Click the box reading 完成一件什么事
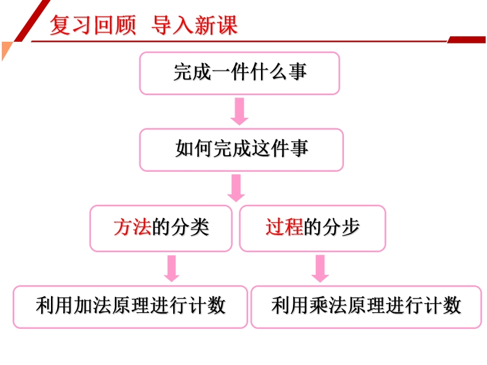click(x=240, y=73)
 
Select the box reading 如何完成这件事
click(x=241, y=150)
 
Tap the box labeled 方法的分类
click(x=161, y=228)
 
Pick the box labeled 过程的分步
click(x=313, y=228)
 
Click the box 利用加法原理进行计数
click(x=130, y=307)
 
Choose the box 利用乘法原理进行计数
click(x=366, y=307)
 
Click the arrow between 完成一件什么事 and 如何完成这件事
click(x=240, y=112)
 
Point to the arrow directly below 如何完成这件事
click(x=236, y=188)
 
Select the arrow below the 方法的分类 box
click(x=171, y=269)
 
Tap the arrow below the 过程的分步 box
click(x=320, y=269)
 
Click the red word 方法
click(x=132, y=227)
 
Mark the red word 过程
click(x=284, y=227)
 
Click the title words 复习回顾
click(x=93, y=25)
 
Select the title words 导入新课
click(x=195, y=25)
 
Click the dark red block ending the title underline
click(x=467, y=39)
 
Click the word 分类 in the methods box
click(x=190, y=227)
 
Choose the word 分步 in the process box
click(x=341, y=227)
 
